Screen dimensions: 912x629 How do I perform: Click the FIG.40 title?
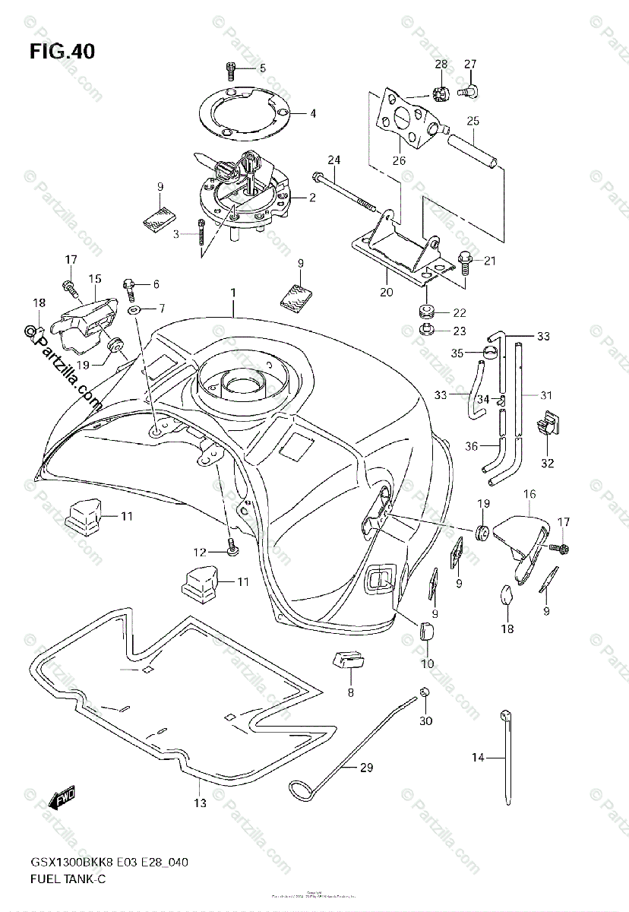tap(62, 52)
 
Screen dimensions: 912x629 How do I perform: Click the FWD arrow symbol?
tap(58, 798)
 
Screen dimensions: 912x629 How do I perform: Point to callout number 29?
tap(366, 768)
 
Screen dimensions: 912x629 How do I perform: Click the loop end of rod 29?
tap(299, 791)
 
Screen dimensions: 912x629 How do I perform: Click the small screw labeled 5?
tap(229, 69)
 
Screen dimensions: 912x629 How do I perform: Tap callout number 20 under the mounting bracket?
tap(386, 292)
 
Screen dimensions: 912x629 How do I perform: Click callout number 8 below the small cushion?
tap(350, 692)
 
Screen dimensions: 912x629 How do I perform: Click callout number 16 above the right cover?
tap(529, 494)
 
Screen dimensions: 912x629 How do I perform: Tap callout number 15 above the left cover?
tap(95, 279)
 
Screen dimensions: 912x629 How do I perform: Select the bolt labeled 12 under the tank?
tap(231, 546)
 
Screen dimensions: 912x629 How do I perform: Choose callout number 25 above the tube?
tap(473, 121)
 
